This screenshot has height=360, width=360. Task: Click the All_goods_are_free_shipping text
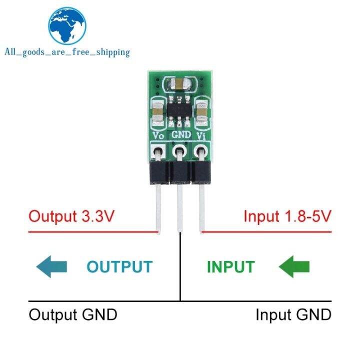point(67,52)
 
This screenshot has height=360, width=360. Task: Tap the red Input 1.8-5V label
point(287,216)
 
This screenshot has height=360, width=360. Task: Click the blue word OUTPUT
point(119,266)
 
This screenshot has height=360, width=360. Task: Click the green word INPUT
point(230,266)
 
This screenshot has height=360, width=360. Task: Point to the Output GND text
point(73,315)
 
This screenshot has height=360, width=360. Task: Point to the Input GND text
point(293,315)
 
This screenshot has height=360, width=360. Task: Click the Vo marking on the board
point(158,135)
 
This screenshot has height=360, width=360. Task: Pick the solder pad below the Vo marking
point(158,150)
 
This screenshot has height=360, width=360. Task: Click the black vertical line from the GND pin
point(180,270)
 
